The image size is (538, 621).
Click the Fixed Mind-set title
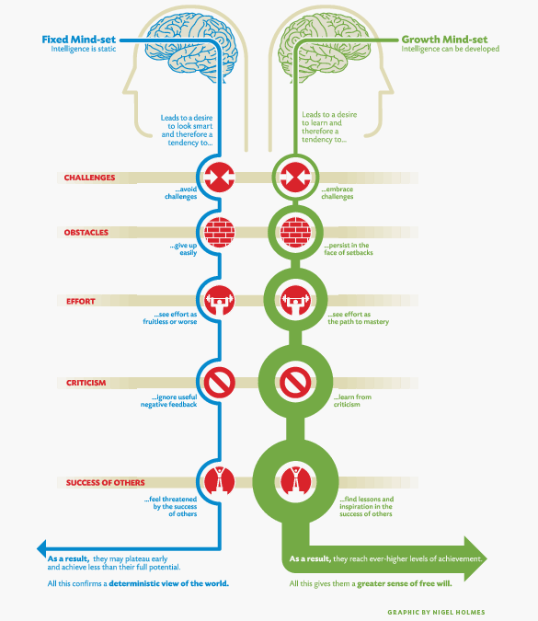tap(79, 40)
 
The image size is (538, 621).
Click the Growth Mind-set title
tap(444, 40)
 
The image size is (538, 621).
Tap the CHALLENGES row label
tap(89, 178)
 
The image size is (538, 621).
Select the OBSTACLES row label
tap(86, 233)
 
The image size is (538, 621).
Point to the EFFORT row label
tap(81, 302)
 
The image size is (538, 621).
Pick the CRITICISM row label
tap(86, 383)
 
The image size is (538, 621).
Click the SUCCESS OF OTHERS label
tap(106, 483)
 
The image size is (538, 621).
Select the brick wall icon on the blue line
tap(220, 232)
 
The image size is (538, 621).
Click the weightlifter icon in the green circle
tap(296, 300)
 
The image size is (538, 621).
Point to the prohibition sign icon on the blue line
tap(220, 383)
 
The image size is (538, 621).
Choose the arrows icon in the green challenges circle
tap(296, 177)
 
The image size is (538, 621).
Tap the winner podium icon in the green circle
tap(296, 482)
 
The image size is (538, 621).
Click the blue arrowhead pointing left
tap(41, 549)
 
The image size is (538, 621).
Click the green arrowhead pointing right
tap(475, 558)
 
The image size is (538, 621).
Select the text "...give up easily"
tap(183, 249)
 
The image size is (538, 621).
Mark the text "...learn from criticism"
tap(352, 400)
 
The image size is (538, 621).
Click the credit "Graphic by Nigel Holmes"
tap(436, 613)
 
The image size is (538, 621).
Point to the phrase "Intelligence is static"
tap(84, 49)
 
